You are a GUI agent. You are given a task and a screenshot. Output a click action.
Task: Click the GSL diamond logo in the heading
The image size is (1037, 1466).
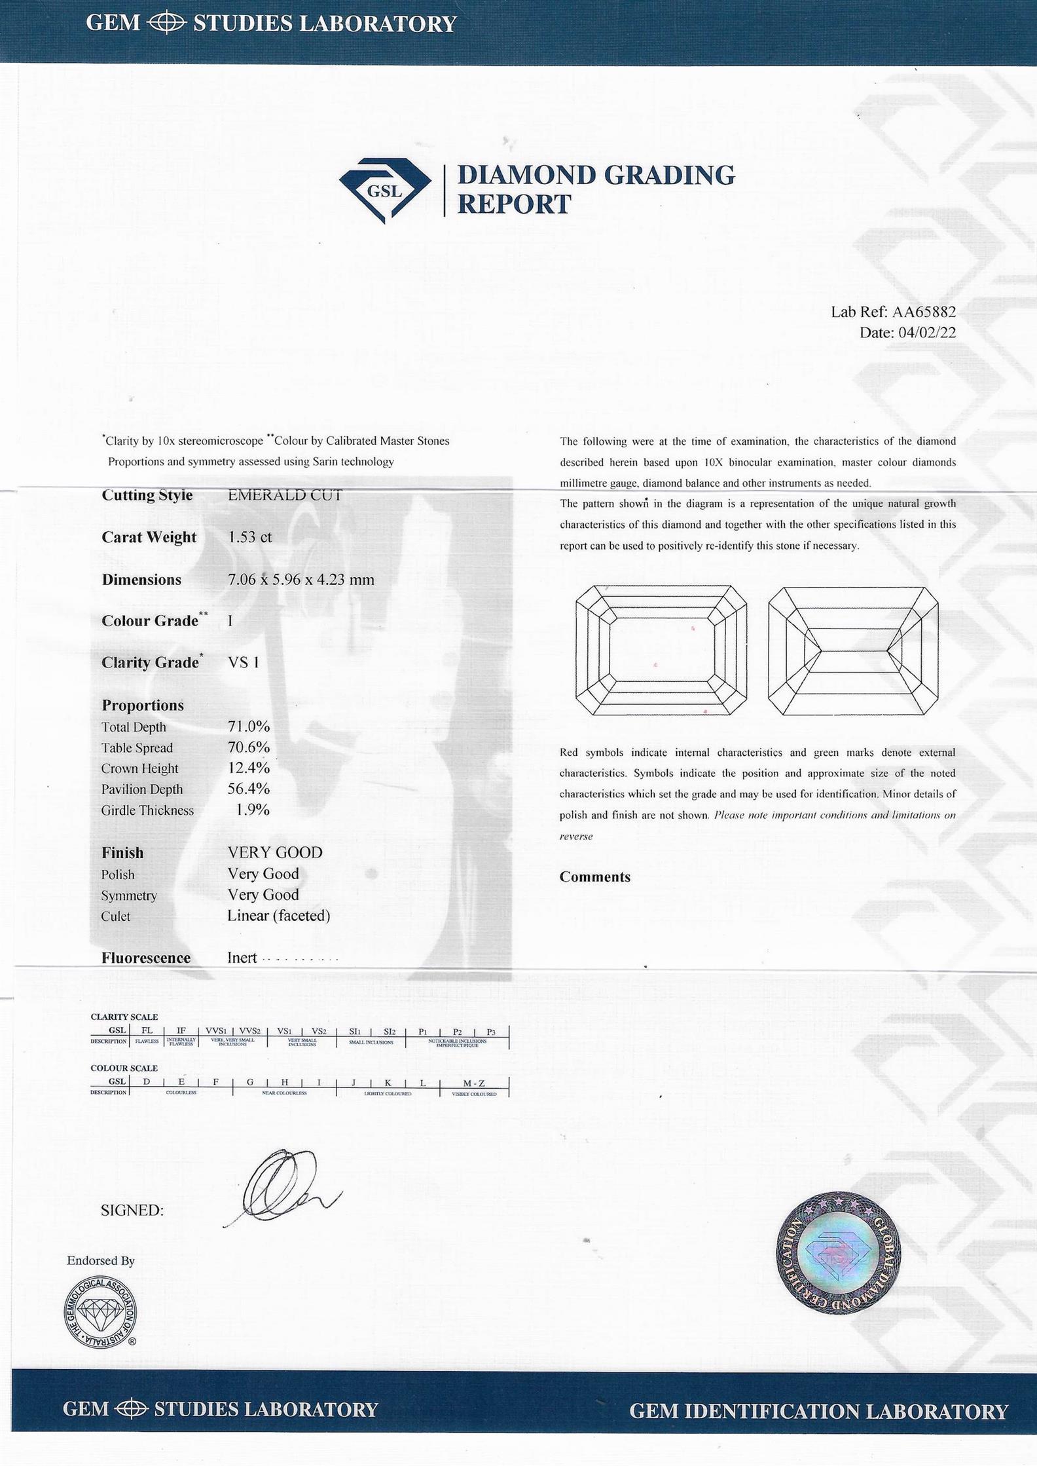[x=385, y=189]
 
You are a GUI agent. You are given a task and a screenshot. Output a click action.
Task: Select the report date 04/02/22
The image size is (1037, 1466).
[x=927, y=333]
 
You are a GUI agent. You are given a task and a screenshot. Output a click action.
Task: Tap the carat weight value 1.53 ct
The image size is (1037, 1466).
[x=249, y=537]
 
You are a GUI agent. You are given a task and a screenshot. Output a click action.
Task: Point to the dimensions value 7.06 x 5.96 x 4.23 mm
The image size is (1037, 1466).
[x=300, y=580]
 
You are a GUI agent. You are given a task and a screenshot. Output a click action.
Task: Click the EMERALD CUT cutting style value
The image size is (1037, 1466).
[x=285, y=495]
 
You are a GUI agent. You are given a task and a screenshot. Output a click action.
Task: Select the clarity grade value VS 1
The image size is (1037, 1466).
[x=244, y=662]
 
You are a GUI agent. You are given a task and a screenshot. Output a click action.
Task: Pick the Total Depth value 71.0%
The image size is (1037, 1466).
[x=249, y=726]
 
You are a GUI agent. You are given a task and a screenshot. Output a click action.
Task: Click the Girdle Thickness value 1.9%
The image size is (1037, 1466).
[x=253, y=810]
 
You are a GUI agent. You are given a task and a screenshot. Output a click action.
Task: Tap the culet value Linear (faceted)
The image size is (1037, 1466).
[x=278, y=916]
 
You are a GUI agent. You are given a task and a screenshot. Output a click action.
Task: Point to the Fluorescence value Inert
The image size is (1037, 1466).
[x=242, y=958]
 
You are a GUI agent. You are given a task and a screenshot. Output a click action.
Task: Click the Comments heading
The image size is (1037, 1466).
[x=594, y=877]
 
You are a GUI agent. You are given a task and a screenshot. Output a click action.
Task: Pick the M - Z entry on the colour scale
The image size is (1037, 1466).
[x=473, y=1083]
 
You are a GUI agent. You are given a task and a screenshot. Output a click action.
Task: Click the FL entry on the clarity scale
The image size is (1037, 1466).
[x=147, y=1030]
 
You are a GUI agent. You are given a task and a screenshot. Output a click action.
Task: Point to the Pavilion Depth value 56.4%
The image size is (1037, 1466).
[x=249, y=789]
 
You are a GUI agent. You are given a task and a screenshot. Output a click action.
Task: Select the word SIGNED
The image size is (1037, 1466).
[x=132, y=1211]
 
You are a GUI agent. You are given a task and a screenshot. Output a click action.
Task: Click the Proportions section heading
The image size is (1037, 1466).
[x=143, y=705]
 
